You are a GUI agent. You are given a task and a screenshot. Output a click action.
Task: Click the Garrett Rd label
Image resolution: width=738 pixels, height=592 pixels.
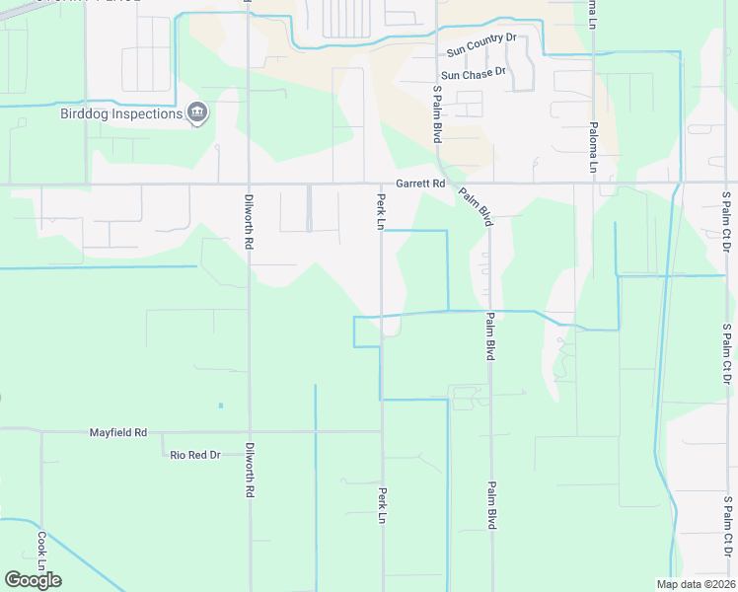coord(421,184)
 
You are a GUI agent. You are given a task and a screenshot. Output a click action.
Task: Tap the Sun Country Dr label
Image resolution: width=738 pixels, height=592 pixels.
coord(481,37)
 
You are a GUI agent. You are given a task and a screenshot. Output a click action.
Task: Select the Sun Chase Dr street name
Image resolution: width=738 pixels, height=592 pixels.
coord(473,74)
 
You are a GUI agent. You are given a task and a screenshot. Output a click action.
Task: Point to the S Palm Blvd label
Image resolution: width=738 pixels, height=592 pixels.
coord(436,114)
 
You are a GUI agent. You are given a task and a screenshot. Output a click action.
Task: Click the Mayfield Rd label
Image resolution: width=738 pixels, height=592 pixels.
coord(117,432)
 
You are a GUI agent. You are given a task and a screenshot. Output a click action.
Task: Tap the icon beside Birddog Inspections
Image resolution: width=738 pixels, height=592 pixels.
coord(197,112)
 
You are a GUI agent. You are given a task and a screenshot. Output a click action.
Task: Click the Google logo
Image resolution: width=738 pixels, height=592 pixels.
coord(33,580)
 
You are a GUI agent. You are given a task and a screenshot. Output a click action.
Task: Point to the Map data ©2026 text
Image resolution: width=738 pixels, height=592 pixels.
coord(696,584)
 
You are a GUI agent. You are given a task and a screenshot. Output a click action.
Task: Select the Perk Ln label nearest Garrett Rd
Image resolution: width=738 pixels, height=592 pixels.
coord(380,212)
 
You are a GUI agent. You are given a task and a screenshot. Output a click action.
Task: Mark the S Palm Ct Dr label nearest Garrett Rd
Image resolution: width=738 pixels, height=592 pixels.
coord(726,222)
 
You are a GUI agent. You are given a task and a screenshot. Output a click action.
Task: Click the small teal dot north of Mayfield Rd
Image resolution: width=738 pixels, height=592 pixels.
coord(220,406)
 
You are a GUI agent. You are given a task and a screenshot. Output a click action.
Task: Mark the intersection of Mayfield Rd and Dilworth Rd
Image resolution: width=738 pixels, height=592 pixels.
coord(250,431)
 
